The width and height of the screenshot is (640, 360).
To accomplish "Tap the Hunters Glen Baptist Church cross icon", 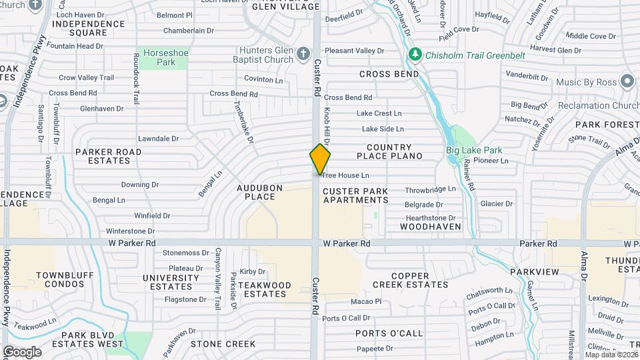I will [x=303, y=53].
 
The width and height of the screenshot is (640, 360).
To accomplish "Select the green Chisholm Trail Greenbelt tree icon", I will [x=415, y=53].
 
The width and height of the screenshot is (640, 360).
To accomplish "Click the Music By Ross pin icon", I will [x=627, y=81].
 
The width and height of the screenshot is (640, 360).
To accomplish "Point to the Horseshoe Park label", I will [x=158, y=57].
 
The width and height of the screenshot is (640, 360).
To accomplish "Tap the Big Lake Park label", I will [x=474, y=150].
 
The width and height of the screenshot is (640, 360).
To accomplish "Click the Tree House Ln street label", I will [x=345, y=175].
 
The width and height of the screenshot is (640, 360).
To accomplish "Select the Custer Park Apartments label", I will [x=355, y=195].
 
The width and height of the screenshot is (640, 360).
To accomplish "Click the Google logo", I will [x=22, y=352].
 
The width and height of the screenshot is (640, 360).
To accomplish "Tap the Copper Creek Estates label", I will [x=410, y=280].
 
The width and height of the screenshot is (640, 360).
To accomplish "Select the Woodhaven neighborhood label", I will [x=431, y=227].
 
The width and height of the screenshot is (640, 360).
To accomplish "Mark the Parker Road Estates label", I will [x=108, y=156].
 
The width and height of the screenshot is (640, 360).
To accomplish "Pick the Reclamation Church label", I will [x=598, y=106].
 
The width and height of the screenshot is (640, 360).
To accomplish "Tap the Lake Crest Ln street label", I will [x=379, y=113].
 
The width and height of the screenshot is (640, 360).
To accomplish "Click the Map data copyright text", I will [x=609, y=355].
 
